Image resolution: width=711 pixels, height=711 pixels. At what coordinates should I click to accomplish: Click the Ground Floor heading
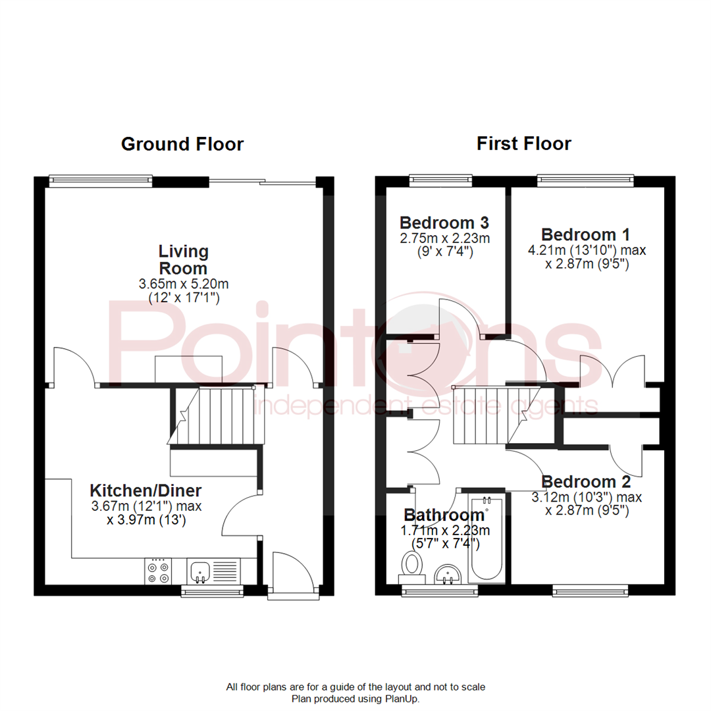pyautogui.click(x=182, y=144)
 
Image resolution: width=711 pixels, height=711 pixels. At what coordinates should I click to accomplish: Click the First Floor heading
pyautogui.click(x=524, y=144)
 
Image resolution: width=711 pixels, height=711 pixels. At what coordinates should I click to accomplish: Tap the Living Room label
pyautogui.click(x=183, y=260)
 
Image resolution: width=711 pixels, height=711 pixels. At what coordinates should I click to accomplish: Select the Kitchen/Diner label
pyautogui.click(x=145, y=490)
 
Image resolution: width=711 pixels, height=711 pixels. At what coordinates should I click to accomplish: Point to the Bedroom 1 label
pyautogui.click(x=585, y=234)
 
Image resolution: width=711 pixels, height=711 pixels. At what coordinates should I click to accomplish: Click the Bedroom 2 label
pyautogui.click(x=585, y=482)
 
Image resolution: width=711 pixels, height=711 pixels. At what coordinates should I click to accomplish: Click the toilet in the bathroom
pyautogui.click(x=413, y=565)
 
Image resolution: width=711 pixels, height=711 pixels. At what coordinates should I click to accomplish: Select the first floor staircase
pyautogui.click(x=480, y=415)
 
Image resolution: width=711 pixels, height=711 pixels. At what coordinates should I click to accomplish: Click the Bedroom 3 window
pyautogui.click(x=440, y=179)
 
